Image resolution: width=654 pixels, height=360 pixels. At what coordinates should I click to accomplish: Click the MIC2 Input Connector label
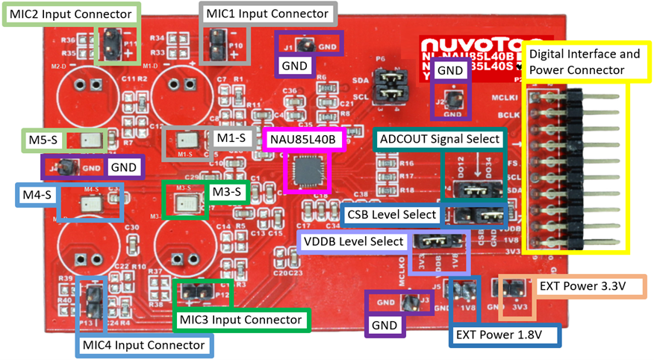click(71, 14)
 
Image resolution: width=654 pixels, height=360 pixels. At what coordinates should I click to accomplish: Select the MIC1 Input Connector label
click(267, 14)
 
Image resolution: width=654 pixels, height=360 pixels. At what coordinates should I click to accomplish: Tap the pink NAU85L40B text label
click(305, 139)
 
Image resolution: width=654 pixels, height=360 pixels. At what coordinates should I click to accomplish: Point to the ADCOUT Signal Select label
click(440, 139)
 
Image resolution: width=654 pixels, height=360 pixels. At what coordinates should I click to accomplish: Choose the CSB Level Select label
click(392, 214)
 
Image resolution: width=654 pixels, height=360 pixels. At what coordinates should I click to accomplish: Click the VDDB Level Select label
click(355, 242)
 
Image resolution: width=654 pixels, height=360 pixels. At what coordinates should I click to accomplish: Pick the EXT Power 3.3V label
click(581, 286)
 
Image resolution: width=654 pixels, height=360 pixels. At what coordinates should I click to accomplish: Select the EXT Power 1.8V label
click(505, 334)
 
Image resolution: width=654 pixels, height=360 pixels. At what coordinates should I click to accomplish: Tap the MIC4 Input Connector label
click(143, 345)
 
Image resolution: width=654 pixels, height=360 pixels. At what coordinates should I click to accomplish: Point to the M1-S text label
click(231, 139)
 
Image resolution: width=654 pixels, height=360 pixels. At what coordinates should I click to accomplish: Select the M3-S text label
click(227, 192)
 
